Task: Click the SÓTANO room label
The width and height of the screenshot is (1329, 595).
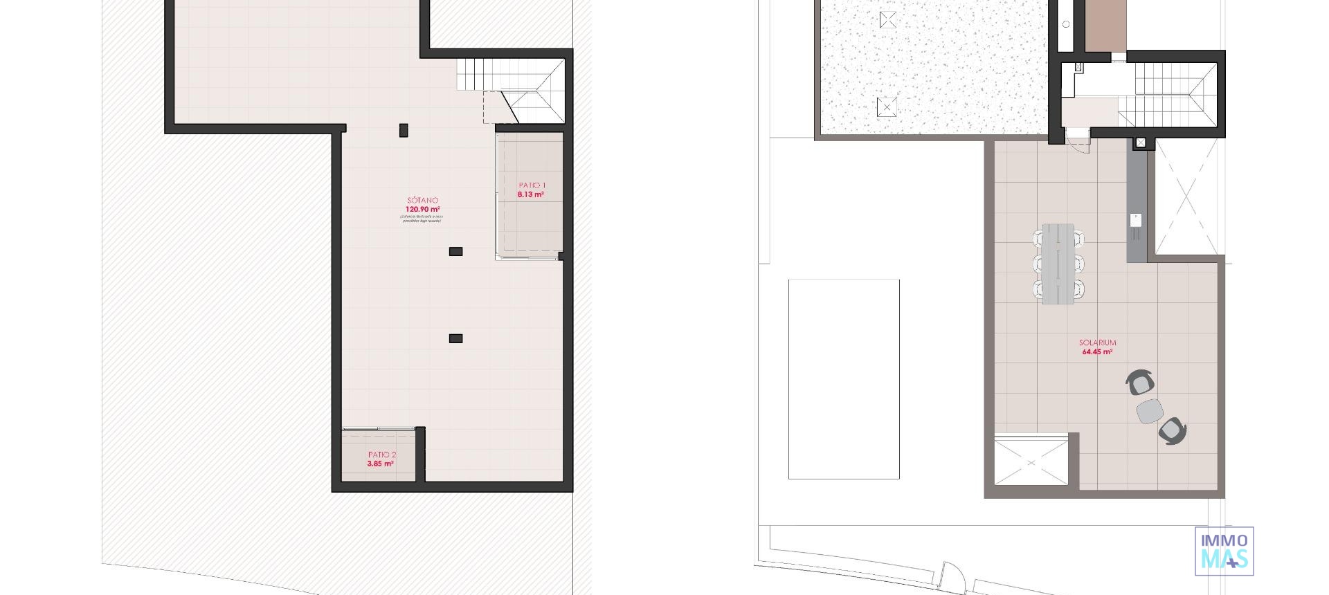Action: [x=422, y=201]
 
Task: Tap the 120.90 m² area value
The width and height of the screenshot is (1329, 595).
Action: [x=422, y=209]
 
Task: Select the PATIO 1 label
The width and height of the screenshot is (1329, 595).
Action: [x=532, y=185]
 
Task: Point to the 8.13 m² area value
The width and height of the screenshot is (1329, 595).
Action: [x=530, y=194]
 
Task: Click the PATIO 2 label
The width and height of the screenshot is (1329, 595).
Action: [x=382, y=455]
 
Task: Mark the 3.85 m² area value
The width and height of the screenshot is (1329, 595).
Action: [x=380, y=464]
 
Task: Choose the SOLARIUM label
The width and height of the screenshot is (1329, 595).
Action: [x=1097, y=342]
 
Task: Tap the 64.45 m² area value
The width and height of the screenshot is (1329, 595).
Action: [x=1097, y=351]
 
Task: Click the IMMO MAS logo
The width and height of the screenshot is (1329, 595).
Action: [x=1224, y=551]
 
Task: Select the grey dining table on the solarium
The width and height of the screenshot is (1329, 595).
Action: [x=1058, y=263]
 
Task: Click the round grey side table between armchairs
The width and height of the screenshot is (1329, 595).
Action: [x=1150, y=411]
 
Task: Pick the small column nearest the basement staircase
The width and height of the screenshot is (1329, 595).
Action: [x=404, y=130]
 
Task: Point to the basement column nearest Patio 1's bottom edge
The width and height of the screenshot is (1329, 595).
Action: [x=455, y=252]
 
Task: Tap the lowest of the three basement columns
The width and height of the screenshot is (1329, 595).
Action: [x=455, y=338]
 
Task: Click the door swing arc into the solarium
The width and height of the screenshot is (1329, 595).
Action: [x=1077, y=143]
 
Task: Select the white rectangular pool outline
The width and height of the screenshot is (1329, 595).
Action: [x=844, y=379]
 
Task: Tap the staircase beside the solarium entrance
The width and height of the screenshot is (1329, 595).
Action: [x=1170, y=94]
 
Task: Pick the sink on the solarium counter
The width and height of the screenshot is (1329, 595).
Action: [x=1136, y=220]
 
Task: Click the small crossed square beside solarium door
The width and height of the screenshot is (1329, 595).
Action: [x=1141, y=143]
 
